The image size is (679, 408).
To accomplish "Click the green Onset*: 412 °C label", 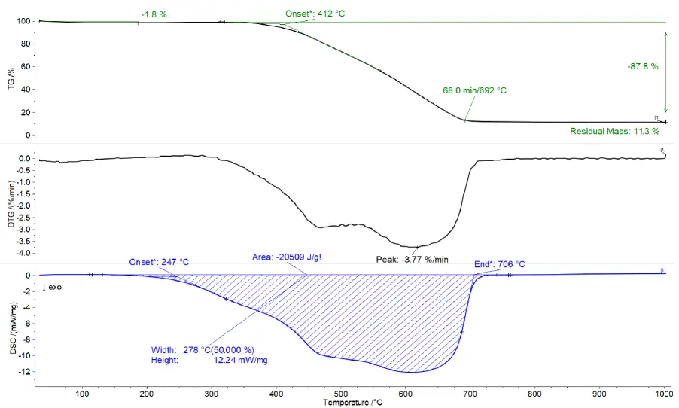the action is click(x=315, y=14).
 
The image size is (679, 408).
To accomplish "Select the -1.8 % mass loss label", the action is click(x=154, y=14).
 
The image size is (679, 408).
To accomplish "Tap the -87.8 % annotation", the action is click(x=643, y=66).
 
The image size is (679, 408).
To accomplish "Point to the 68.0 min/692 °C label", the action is click(x=474, y=90).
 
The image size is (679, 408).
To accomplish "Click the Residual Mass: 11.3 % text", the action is click(x=614, y=131).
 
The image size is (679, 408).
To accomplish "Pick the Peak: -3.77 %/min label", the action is click(x=412, y=260).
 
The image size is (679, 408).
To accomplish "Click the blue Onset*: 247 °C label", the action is click(x=159, y=262).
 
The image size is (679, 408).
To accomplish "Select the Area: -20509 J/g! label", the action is click(x=287, y=257).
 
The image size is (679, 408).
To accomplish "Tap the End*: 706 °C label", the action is click(x=499, y=264).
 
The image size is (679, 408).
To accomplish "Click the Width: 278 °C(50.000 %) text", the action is click(x=202, y=350).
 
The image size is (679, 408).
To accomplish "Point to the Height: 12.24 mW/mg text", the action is click(x=209, y=360).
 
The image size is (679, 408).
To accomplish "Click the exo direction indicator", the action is click(x=52, y=287).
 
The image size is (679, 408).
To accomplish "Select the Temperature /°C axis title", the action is click(x=352, y=403).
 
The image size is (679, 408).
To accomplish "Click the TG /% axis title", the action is click(x=11, y=78).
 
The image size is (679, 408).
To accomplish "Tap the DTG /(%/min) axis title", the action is click(x=11, y=204).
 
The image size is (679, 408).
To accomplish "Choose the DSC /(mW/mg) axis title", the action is click(x=13, y=328).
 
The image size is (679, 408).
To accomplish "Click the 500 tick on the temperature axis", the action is click(x=341, y=394).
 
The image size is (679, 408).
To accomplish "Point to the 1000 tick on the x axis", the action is click(x=664, y=394).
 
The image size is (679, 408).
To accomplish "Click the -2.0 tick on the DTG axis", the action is click(x=24, y=206).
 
